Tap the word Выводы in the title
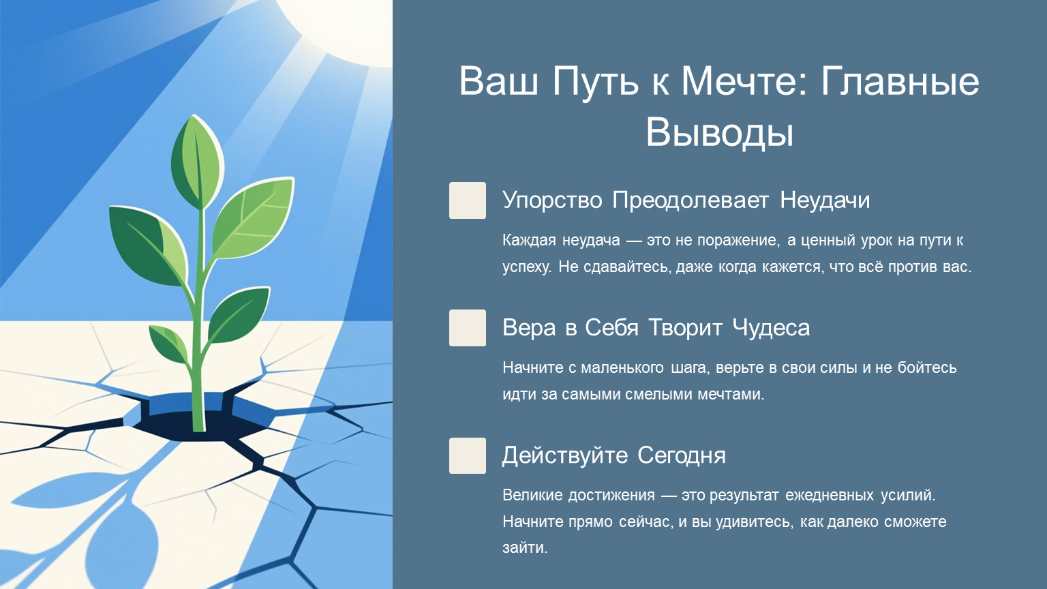[719, 132]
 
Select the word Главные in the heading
[899, 81]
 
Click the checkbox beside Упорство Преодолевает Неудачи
[468, 200]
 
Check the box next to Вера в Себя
[468, 328]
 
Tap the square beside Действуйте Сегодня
[468, 456]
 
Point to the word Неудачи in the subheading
[825, 200]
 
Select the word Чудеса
[771, 328]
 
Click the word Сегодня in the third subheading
[682, 456]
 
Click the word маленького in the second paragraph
[622, 368]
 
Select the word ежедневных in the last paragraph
[829, 496]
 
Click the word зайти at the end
[524, 547]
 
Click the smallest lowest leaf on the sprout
[168, 344]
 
